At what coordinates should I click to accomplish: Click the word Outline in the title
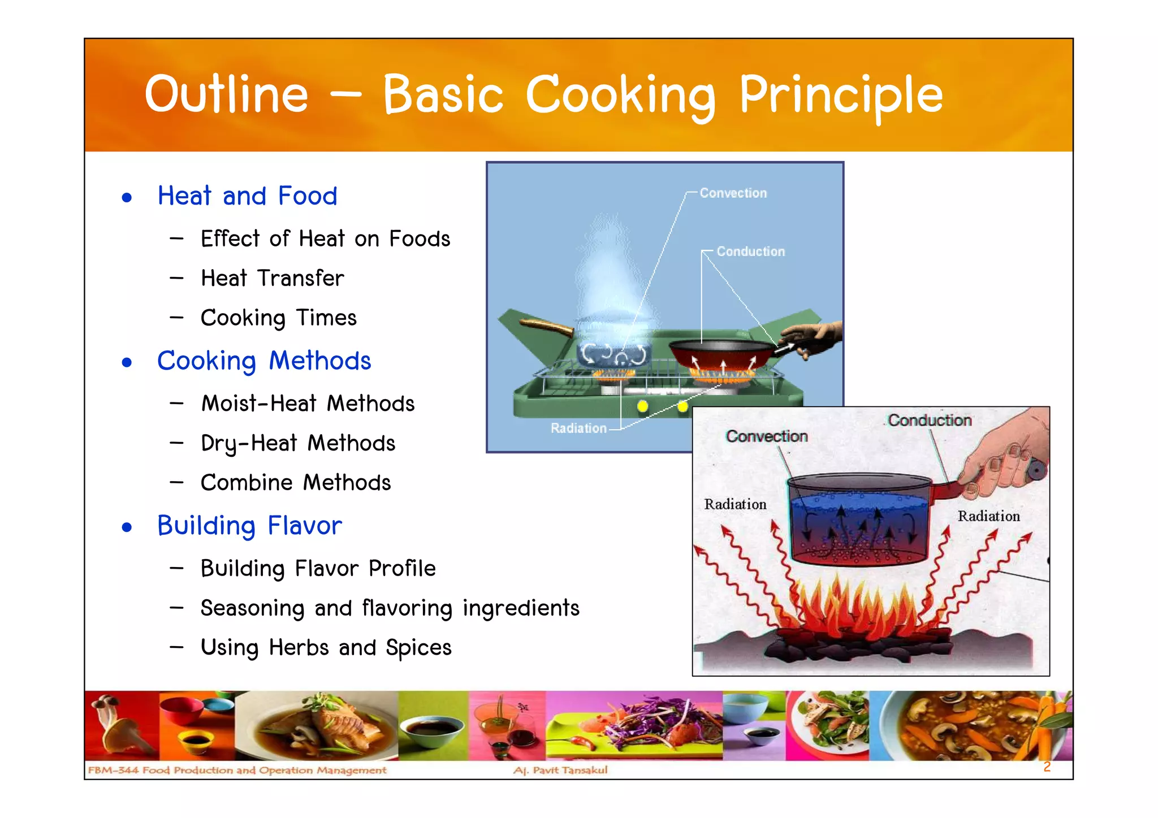coord(226,94)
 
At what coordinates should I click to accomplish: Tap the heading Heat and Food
coord(247,196)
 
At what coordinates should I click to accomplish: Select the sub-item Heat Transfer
coord(272,278)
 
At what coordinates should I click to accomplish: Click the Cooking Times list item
coord(278,318)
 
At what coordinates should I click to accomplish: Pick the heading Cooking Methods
coord(263,361)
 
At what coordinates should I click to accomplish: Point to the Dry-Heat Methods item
coord(297,443)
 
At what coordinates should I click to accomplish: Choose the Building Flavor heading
coord(249,526)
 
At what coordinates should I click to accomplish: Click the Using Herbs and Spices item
coord(326,648)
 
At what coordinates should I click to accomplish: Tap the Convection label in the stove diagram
coord(733,193)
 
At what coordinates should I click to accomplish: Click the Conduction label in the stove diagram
coord(750,252)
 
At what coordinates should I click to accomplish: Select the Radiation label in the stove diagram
coord(578,429)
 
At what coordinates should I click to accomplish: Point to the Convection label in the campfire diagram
coord(766,436)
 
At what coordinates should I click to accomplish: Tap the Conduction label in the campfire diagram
coord(929,421)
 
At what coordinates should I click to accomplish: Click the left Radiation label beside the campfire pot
coord(735,504)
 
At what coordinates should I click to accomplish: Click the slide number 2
coord(1047,767)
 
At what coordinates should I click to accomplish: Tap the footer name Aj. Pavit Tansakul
coord(560,770)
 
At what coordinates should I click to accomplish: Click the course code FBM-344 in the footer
coord(113,770)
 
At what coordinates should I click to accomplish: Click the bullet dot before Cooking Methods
coord(127,362)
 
